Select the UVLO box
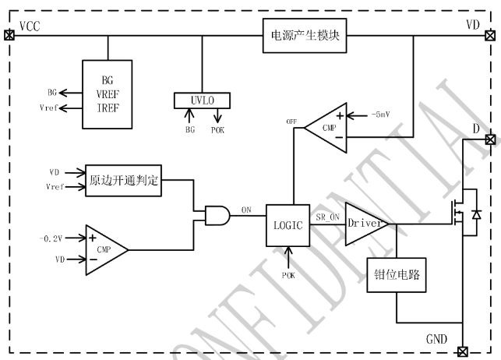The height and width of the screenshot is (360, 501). click(x=202, y=101)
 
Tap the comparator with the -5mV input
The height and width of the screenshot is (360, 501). click(x=321, y=126)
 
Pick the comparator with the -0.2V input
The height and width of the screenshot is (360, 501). click(x=104, y=249)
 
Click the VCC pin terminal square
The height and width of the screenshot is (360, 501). click(x=9, y=35)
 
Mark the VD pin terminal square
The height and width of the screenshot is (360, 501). click(x=489, y=35)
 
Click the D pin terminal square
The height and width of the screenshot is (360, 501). click(x=489, y=139)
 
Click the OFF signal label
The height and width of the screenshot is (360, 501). click(x=292, y=122)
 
